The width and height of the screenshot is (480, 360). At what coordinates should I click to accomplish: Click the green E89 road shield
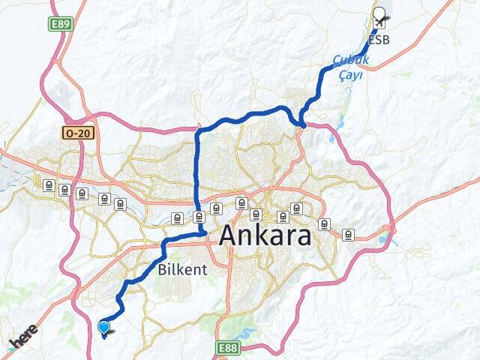(60, 24)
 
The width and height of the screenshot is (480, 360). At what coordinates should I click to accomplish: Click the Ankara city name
(265, 236)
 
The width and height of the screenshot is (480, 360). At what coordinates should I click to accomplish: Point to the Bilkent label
(178, 268)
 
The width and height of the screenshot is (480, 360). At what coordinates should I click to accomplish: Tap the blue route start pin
(103, 326)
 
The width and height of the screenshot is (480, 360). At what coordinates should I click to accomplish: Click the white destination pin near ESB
(379, 14)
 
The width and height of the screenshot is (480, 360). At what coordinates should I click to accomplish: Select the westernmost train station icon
(49, 184)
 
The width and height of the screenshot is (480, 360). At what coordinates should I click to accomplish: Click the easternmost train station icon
(348, 234)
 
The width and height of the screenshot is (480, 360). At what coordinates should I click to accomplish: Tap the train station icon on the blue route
(199, 217)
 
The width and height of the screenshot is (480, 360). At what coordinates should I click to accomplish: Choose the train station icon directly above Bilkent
(176, 218)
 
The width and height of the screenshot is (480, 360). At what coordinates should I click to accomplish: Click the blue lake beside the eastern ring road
(385, 240)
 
